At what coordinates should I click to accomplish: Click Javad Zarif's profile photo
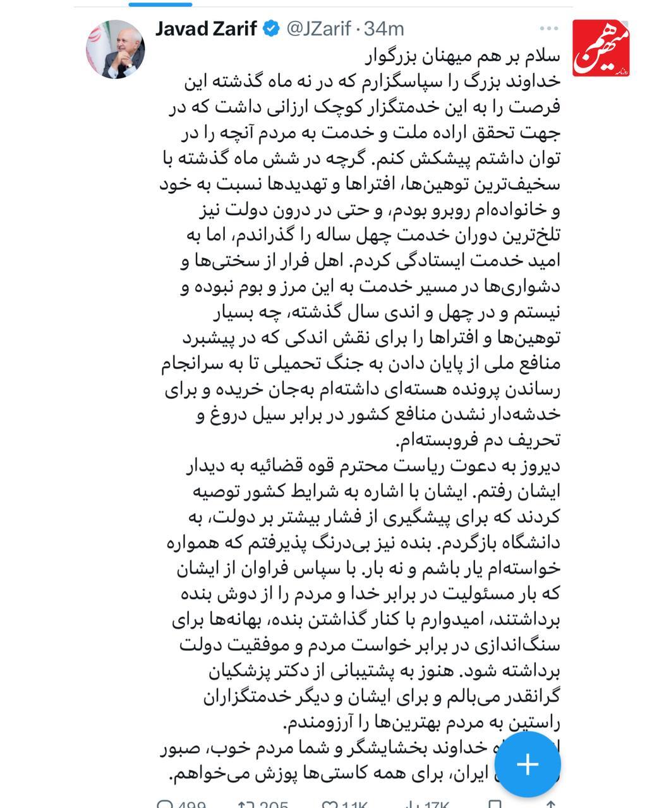tap(116, 49)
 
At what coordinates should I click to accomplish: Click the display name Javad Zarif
tap(206, 28)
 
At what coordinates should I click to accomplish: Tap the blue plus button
tap(527, 764)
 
